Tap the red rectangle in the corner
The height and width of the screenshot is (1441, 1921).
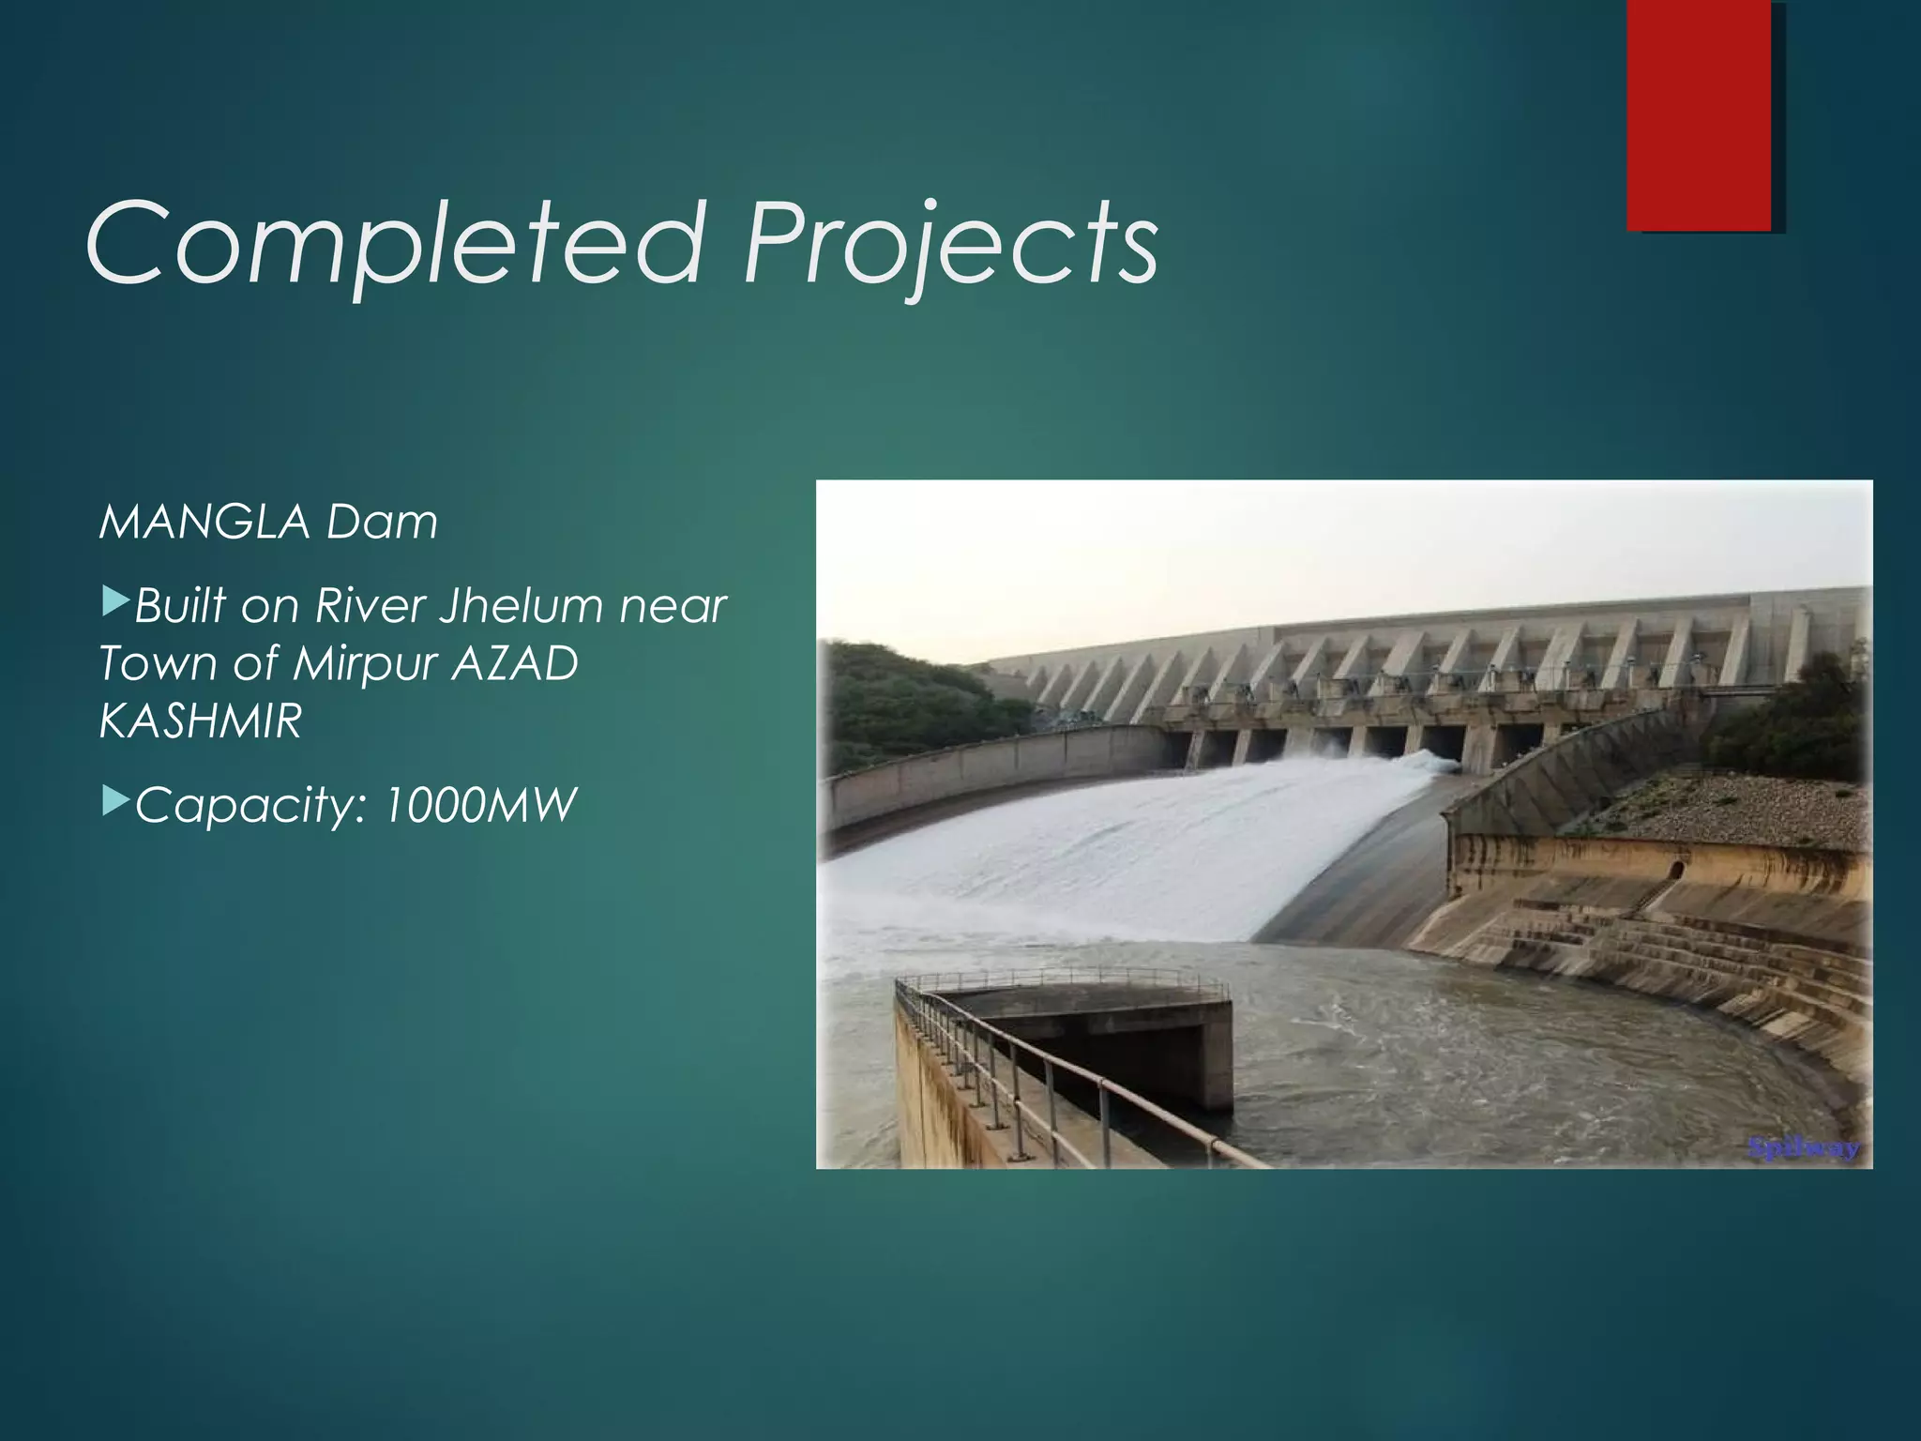(x=1699, y=114)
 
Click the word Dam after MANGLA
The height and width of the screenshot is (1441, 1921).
(x=382, y=522)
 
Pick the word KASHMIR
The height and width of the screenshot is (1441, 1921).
(x=200, y=721)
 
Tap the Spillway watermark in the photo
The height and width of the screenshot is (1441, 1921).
(x=1803, y=1147)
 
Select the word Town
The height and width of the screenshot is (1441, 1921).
(x=158, y=663)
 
